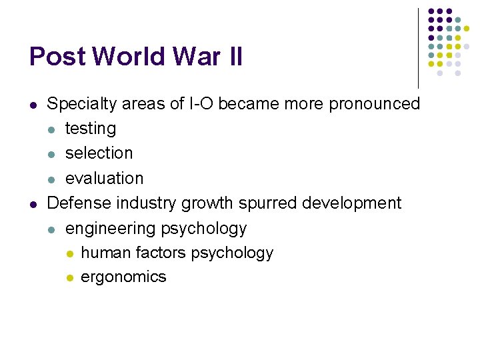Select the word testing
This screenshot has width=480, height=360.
click(91, 128)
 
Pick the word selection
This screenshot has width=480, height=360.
click(99, 153)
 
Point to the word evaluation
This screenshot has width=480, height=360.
click(104, 178)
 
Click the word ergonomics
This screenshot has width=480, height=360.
click(123, 277)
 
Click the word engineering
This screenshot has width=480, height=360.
click(110, 228)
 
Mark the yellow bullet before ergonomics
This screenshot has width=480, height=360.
click(69, 277)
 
